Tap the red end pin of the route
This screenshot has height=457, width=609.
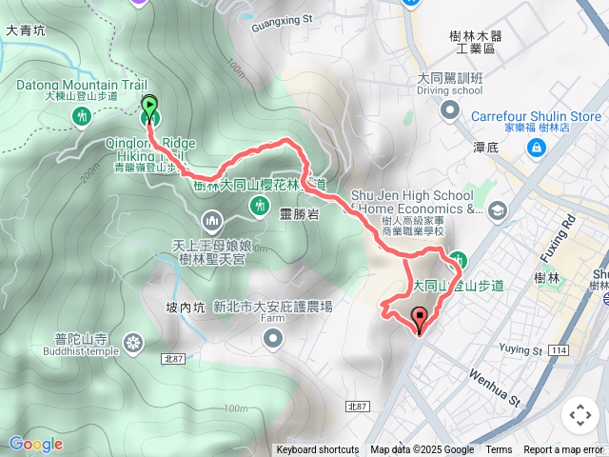tap(419, 319)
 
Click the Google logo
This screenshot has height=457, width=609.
tap(36, 444)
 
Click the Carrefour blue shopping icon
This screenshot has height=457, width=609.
tap(538, 149)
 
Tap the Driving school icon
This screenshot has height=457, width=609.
tap(449, 110)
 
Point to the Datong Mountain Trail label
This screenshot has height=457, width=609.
tap(67, 85)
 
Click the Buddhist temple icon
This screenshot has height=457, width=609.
tap(132, 342)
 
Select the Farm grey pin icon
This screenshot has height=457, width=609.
tap(274, 338)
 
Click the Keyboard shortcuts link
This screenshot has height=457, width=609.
tap(318, 450)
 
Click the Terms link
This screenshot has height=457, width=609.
tap(499, 450)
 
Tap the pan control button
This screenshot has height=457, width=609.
tap(580, 415)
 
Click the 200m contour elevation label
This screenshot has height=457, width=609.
tap(91, 171)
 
